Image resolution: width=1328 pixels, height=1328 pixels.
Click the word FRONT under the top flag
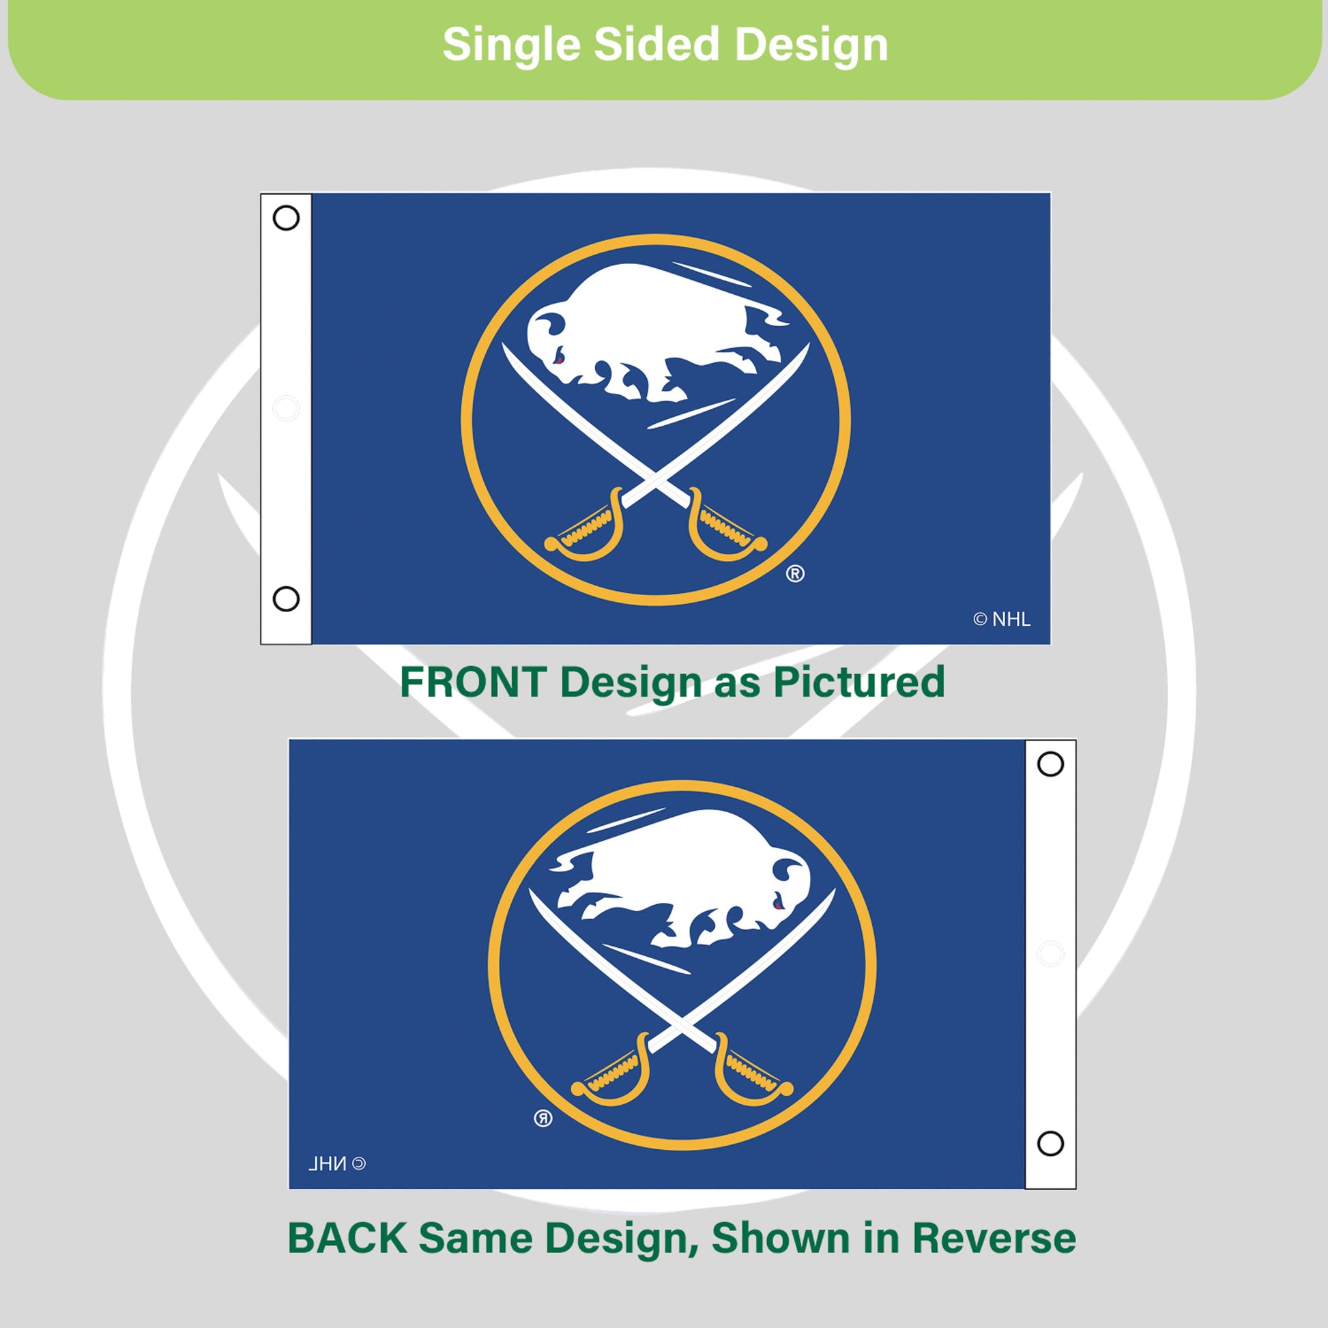coord(474,682)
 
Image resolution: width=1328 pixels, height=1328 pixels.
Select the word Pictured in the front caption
coord(859,682)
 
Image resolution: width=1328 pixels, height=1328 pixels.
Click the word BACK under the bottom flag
coord(347,1238)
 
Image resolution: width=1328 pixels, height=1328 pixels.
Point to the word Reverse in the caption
coord(994,1238)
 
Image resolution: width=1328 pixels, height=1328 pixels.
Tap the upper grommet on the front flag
coord(286,218)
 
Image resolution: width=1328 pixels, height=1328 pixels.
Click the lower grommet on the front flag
coord(286,598)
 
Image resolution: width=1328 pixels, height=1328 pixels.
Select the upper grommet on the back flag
coord(1050,764)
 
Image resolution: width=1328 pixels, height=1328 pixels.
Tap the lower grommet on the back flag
coord(1050,1144)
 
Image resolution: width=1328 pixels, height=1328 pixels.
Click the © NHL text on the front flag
coord(1002,620)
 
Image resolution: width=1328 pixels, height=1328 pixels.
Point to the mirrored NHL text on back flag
coord(337,1164)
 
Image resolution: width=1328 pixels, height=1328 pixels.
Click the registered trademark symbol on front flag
coord(795,573)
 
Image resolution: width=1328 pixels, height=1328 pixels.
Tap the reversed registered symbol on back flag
coord(543,1118)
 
